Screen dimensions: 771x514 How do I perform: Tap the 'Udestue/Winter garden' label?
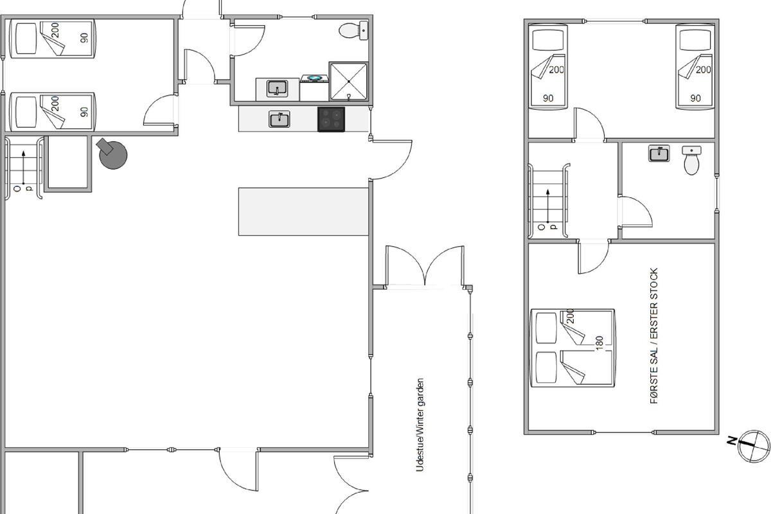click(420, 425)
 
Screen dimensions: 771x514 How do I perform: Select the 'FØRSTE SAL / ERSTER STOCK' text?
click(653, 335)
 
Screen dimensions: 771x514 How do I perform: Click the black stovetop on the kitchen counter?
click(331, 119)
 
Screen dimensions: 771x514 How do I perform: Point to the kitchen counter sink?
click(279, 119)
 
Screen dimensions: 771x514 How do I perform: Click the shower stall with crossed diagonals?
click(349, 81)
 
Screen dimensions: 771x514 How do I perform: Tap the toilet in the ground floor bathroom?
click(353, 31)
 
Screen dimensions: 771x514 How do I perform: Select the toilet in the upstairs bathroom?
click(691, 161)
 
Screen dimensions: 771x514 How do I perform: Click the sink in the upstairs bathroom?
click(659, 153)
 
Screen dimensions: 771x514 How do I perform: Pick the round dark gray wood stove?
click(112, 154)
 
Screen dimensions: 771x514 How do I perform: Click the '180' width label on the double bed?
click(599, 343)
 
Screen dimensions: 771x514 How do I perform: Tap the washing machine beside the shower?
click(314, 88)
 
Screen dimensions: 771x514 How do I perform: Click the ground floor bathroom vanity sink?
click(277, 89)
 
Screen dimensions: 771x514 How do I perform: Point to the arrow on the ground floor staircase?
click(23, 167)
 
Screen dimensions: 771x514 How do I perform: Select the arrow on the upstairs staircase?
click(547, 206)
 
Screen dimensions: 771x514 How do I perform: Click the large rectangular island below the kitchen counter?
click(303, 212)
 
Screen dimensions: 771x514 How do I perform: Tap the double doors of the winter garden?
click(425, 266)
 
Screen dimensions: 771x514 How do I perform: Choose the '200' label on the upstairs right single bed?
click(703, 70)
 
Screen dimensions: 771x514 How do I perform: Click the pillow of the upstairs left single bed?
click(548, 40)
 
